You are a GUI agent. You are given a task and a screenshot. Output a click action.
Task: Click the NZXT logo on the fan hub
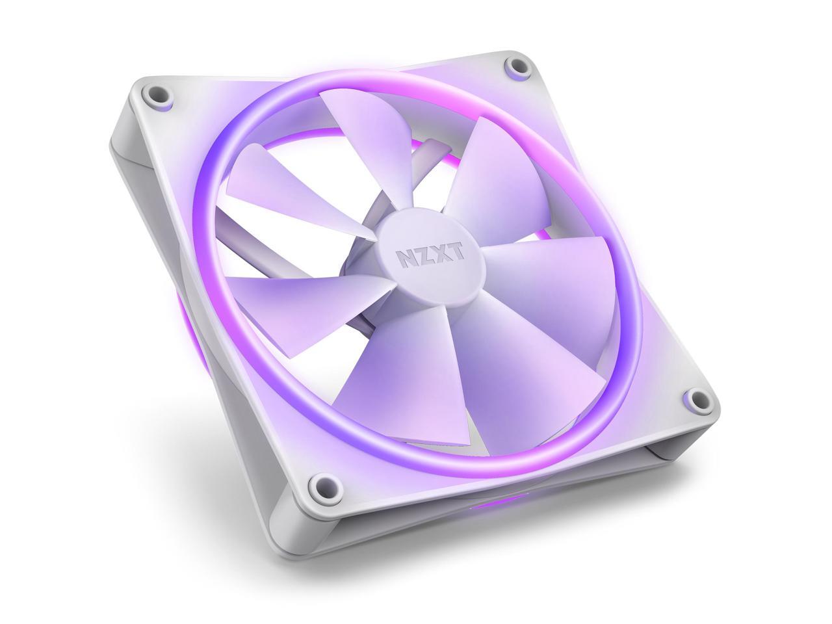pos(431,255)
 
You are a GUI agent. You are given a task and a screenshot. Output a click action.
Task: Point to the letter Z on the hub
pos(422,256)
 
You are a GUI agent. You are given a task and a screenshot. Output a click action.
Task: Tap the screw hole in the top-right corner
pos(517,66)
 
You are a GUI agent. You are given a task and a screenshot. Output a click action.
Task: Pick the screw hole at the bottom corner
pos(322,484)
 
